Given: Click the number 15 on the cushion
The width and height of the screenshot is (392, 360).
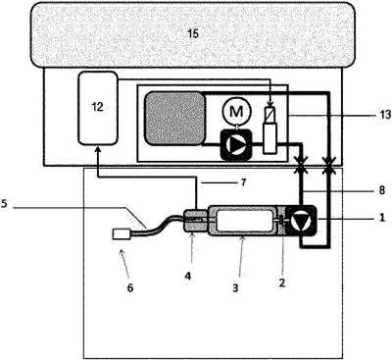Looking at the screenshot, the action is [x=193, y=33].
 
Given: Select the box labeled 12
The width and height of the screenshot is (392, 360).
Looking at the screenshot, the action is [x=98, y=108].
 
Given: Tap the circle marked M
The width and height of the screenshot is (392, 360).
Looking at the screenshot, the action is [x=236, y=112].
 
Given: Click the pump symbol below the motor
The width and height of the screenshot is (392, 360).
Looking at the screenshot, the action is [x=236, y=144].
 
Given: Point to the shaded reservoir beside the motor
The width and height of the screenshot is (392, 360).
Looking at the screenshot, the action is [x=175, y=118].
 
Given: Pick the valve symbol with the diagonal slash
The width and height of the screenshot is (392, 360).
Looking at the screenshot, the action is [x=270, y=129].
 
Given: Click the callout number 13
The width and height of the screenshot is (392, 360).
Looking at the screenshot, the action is [x=385, y=115].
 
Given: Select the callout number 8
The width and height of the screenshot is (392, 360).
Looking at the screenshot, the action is [x=382, y=190].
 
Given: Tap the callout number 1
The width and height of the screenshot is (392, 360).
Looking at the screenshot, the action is [x=382, y=218].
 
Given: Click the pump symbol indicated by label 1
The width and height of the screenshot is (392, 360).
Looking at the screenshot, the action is [x=300, y=221].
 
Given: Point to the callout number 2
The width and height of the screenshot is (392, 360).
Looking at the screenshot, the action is [x=282, y=282].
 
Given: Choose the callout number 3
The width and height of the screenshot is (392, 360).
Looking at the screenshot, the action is [x=235, y=287].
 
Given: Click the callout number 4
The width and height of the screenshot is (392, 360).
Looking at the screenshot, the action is [x=187, y=277].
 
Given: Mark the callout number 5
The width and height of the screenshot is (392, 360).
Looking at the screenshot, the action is [x=4, y=203].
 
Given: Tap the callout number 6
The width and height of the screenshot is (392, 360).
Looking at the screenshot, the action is [x=130, y=288].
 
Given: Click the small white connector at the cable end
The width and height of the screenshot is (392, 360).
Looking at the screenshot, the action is [x=122, y=234].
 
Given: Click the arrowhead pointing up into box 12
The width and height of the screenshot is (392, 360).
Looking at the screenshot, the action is [x=97, y=150].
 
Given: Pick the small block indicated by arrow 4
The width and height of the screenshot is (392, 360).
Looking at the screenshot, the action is [x=196, y=221].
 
